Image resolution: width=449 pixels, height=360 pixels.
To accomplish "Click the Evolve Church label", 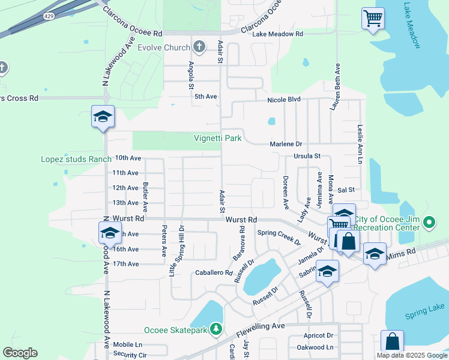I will [x=163, y=47].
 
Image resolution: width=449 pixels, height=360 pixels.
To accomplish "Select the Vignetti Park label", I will [x=217, y=138].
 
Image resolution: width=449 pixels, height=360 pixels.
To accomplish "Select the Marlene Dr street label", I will [x=286, y=144].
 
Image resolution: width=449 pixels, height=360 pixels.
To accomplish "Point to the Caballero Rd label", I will [x=214, y=272].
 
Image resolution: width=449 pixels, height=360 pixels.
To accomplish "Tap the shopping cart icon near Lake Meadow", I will [x=373, y=18].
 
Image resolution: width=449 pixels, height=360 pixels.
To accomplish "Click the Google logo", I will [x=20, y=353].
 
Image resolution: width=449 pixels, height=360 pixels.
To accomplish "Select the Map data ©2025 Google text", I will [x=411, y=355].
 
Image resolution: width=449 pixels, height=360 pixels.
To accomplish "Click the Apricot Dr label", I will [x=318, y=335].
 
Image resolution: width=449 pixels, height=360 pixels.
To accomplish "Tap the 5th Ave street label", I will [x=206, y=96].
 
